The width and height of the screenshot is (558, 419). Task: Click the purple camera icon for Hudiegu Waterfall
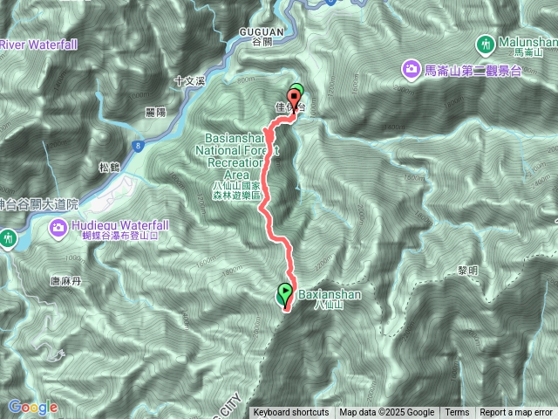[x=58, y=228]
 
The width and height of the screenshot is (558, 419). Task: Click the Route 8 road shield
[x=139, y=148]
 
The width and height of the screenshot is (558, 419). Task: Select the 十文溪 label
[x=188, y=79]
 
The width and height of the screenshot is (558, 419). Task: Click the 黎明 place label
[x=467, y=271]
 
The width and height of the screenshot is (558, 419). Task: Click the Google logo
[x=32, y=407]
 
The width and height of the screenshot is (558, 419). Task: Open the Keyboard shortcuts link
[x=291, y=413]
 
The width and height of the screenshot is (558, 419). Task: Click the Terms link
[x=456, y=413]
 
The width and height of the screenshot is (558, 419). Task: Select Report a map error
[x=517, y=413]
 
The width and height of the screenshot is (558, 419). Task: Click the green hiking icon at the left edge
[x=7, y=237]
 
